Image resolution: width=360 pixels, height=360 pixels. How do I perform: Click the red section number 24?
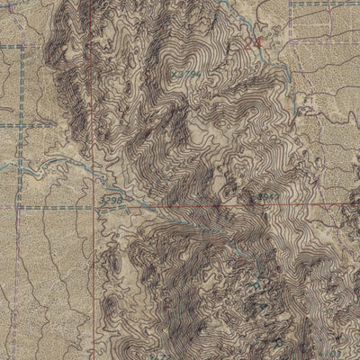[x=252, y=40]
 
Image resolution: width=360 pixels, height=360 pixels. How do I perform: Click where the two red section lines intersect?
[x=93, y=205]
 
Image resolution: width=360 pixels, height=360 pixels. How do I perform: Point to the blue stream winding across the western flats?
[x=54, y=167]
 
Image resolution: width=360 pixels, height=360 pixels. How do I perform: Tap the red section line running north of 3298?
[x=93, y=135]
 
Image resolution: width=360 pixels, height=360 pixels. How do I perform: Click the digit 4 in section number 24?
[x=257, y=40]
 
